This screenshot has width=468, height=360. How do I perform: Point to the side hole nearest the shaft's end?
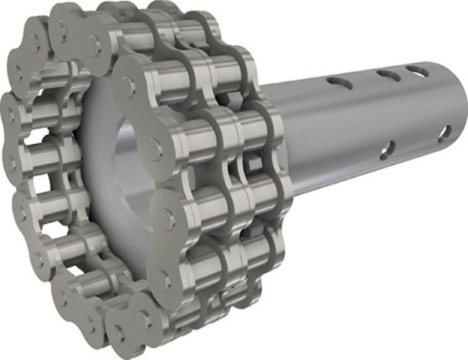click(x=445, y=133)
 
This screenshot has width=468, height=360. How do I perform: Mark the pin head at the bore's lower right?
click(x=168, y=214)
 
